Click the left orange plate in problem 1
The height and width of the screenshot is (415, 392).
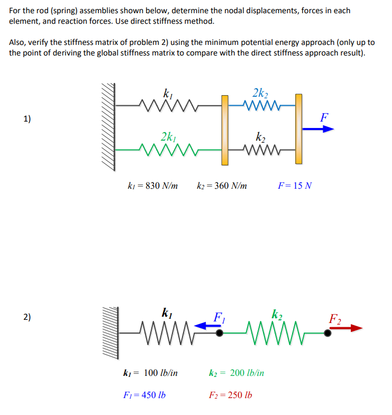point(225,130)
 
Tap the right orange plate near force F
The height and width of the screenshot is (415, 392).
point(299,128)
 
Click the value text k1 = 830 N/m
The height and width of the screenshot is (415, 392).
point(153,186)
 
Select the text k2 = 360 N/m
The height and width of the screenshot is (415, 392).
point(222,186)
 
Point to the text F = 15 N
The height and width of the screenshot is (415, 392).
point(295,186)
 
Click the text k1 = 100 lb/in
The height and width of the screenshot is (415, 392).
point(150,373)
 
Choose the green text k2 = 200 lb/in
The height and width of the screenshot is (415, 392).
point(237,373)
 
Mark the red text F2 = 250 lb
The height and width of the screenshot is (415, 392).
point(231,395)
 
